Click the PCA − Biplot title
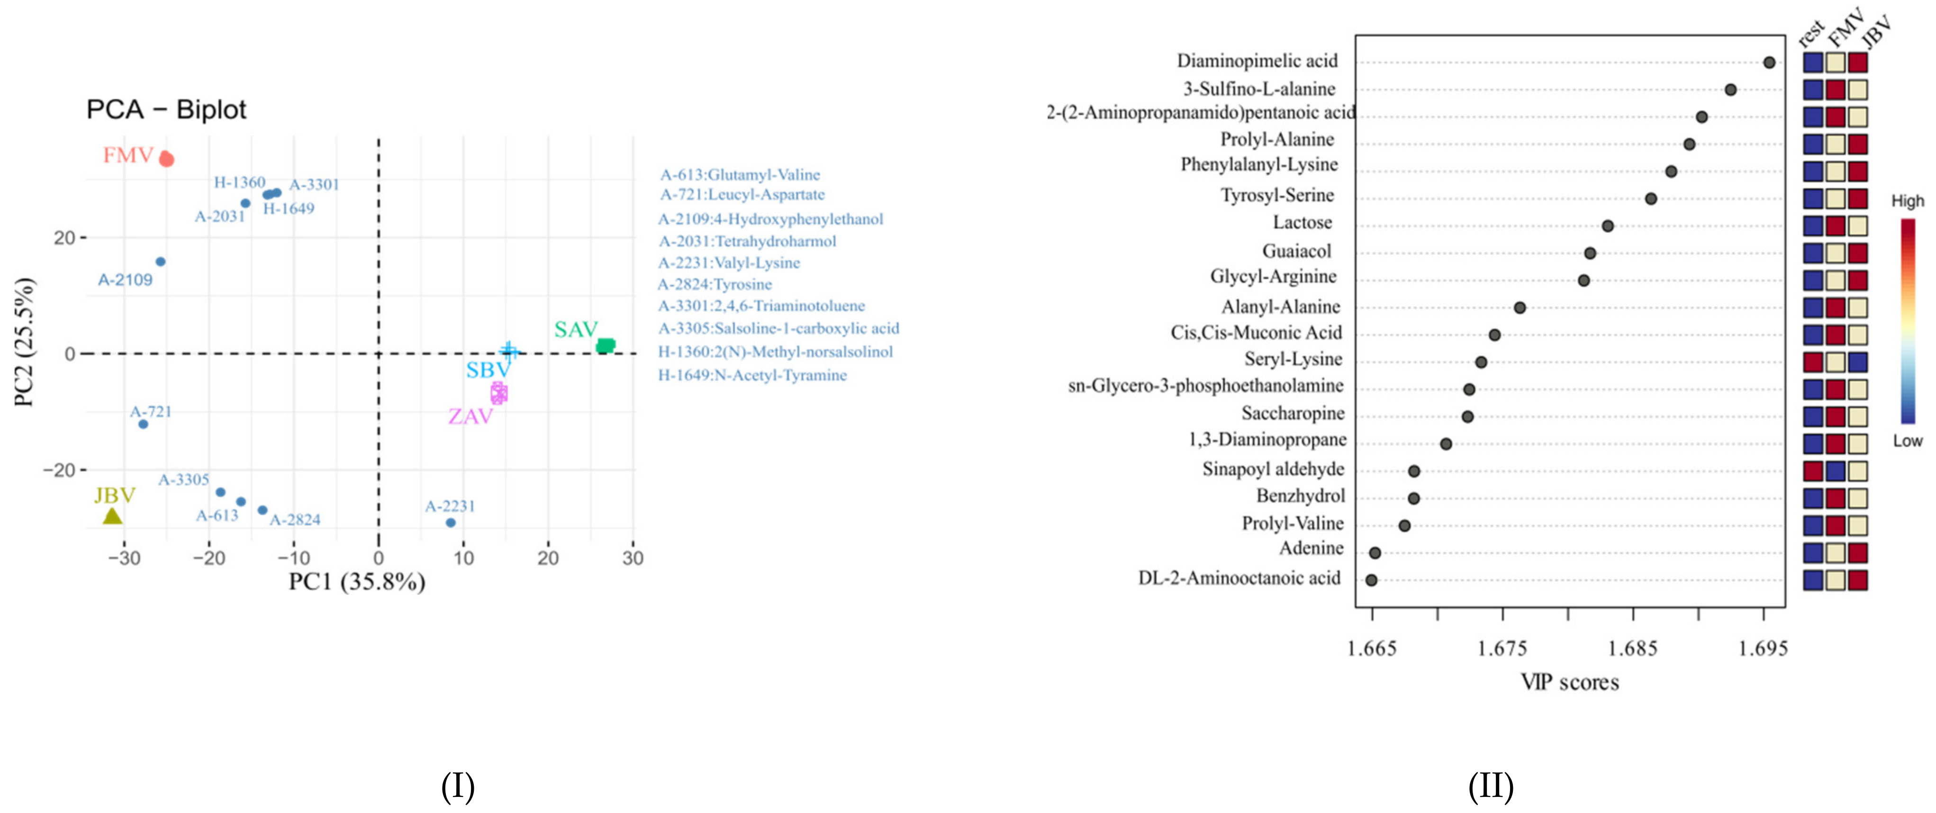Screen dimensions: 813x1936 tap(166, 110)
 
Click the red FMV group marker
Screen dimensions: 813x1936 tap(167, 159)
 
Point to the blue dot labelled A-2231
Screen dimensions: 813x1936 tap(450, 522)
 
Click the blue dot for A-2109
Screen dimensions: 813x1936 tap(160, 262)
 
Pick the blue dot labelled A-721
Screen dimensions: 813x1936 tap(143, 424)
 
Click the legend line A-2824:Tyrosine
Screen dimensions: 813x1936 tap(715, 284)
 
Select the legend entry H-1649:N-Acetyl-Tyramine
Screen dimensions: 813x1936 tap(752, 375)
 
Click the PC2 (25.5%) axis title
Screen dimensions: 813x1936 tap(24, 342)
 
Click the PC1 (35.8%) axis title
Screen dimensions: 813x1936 tap(357, 582)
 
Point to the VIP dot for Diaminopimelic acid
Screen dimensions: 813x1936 tap(1769, 63)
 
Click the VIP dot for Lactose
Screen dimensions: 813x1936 tap(1608, 226)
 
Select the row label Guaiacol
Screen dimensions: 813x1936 tap(1296, 251)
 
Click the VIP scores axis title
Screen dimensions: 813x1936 tap(1569, 682)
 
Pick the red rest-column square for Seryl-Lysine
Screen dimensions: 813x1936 tap(1813, 362)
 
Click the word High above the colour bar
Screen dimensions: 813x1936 tap(1908, 201)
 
